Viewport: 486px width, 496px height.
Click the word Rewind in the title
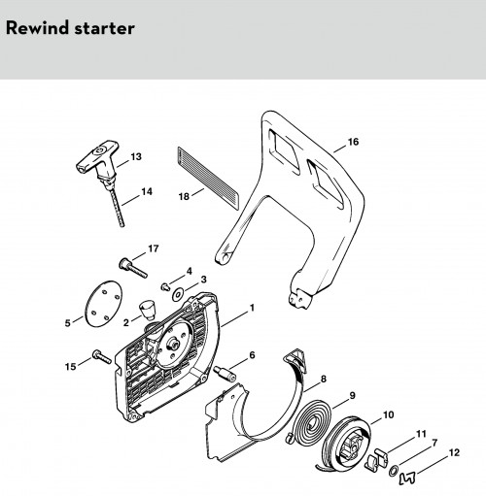(x=38, y=28)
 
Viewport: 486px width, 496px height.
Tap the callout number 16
(x=353, y=142)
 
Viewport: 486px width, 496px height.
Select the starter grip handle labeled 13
(x=97, y=158)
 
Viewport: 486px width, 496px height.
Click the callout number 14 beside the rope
(x=147, y=191)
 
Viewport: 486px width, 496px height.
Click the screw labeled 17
(x=133, y=268)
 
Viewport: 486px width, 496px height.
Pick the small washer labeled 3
(x=178, y=294)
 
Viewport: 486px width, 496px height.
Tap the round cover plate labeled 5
(x=104, y=303)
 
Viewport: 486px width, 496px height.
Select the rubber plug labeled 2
(x=148, y=310)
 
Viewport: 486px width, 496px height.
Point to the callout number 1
(x=252, y=308)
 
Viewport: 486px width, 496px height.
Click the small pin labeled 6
(x=225, y=373)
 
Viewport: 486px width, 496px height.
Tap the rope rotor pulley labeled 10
(x=347, y=445)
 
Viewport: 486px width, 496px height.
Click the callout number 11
(x=421, y=434)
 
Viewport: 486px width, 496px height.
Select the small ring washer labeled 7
(x=394, y=471)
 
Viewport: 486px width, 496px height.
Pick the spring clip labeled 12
(x=407, y=479)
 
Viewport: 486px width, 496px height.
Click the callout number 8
(x=323, y=379)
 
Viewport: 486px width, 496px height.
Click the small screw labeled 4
(x=165, y=286)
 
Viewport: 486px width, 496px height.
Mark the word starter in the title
(x=104, y=28)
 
